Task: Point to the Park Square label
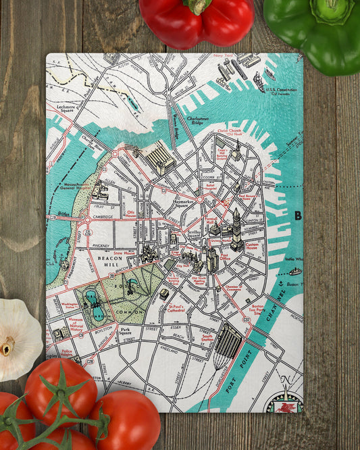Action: [124, 332]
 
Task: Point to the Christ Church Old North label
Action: [230, 132]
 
